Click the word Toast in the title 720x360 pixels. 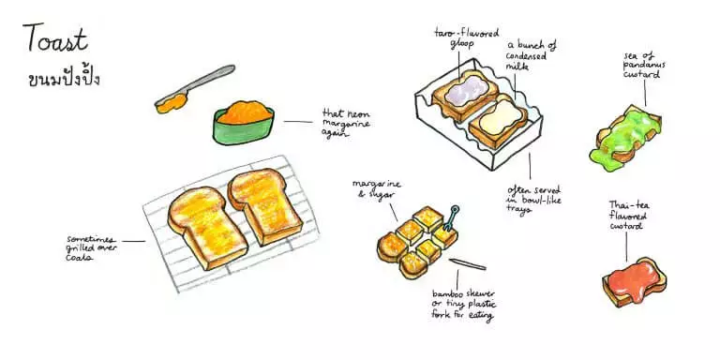pyautogui.click(x=54, y=38)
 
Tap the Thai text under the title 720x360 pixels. pyautogui.click(x=64, y=76)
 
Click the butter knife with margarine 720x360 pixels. pyautogui.click(x=194, y=89)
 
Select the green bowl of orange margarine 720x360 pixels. pyautogui.click(x=244, y=122)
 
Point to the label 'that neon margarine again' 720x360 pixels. pyautogui.click(x=346, y=124)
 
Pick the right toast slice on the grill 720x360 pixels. pyautogui.click(x=265, y=205)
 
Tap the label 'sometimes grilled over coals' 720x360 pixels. pyautogui.click(x=91, y=247)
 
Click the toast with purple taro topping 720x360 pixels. pyautogui.click(x=465, y=95)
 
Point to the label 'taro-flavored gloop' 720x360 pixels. pyautogui.click(x=466, y=37)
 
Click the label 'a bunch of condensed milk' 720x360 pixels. pyautogui.click(x=531, y=55)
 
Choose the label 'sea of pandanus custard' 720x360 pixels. pyautogui.click(x=644, y=66)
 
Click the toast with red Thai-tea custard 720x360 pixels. pyautogui.click(x=634, y=282)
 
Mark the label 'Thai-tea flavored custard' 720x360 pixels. pyautogui.click(x=629, y=215)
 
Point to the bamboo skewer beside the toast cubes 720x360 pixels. pyautogui.click(x=468, y=264)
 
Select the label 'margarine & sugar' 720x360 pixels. pyautogui.click(x=377, y=188)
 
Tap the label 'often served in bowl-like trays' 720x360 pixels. pyautogui.click(x=534, y=200)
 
